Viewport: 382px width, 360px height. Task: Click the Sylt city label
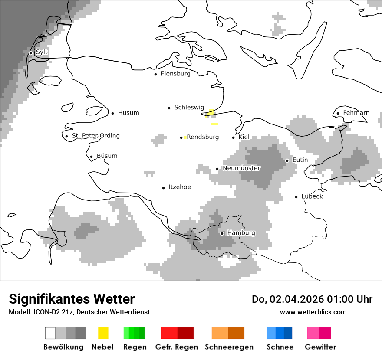pos(42,52)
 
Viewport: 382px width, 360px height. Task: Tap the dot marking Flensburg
pos(155,74)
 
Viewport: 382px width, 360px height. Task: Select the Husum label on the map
pos(128,113)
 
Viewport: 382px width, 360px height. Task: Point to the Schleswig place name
pos(189,107)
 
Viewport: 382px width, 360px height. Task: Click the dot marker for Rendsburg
pos(181,137)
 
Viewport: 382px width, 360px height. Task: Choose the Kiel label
pos(244,137)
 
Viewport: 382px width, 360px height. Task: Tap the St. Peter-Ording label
pos(95,136)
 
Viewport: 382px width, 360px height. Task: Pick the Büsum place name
pos(107,156)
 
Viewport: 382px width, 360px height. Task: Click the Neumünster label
pos(241,168)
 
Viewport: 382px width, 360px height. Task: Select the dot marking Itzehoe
pos(164,188)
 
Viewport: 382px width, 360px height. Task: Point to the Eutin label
pos(300,160)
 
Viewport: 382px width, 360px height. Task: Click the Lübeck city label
pos(312,196)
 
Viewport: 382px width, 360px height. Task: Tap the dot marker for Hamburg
pos(222,233)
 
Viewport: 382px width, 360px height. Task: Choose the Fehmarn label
pos(356,113)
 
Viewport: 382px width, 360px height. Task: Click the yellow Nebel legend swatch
pos(103,333)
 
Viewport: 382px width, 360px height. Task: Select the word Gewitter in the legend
pos(320,347)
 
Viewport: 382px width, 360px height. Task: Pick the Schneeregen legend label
pos(229,347)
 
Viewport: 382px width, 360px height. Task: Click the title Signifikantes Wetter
pos(72,299)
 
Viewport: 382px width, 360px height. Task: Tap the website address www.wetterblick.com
pos(313,312)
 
